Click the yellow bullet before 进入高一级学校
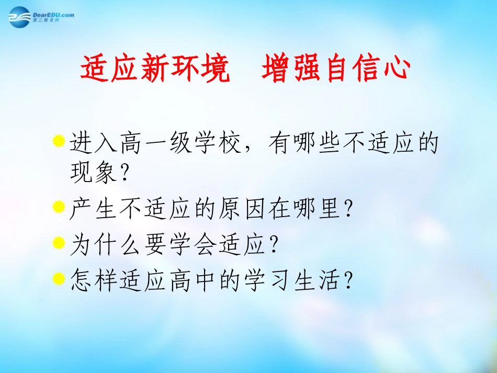(59, 141)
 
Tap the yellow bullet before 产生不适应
(59, 209)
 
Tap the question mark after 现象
(124, 174)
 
